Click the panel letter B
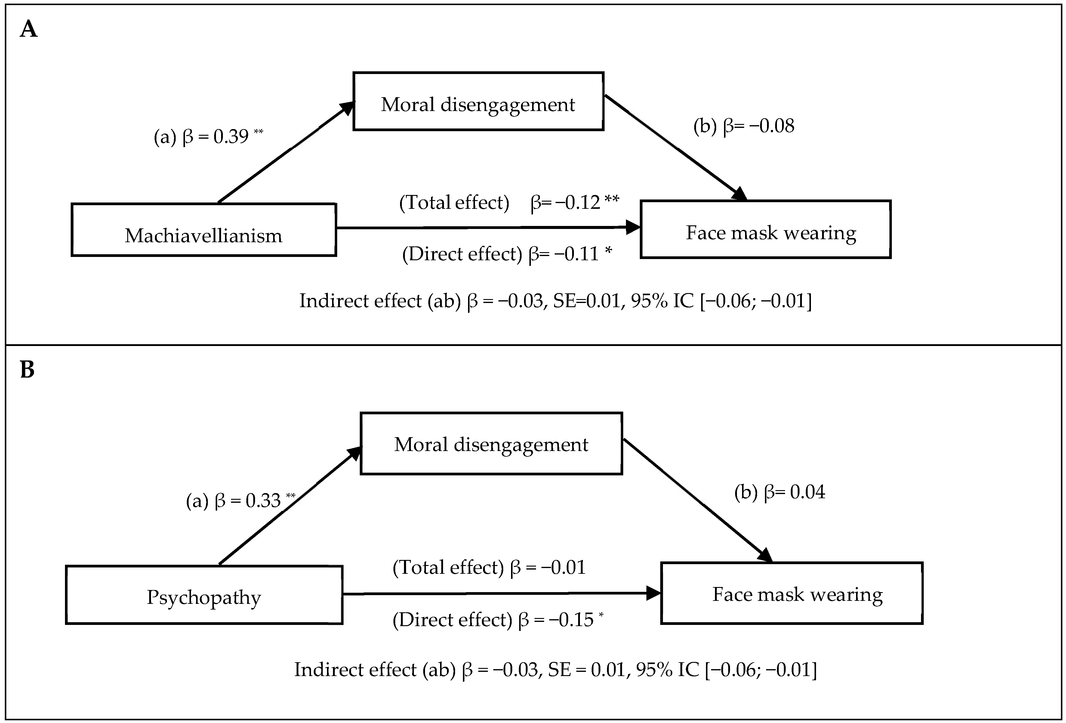click(x=27, y=370)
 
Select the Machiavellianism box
click(x=204, y=230)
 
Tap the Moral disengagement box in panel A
click(x=478, y=101)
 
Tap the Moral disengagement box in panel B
click(x=491, y=443)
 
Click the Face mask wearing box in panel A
click(x=765, y=229)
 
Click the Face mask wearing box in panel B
click(x=791, y=593)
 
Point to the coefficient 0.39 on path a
click(x=231, y=137)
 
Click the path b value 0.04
click(x=807, y=492)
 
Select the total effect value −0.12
click(x=577, y=202)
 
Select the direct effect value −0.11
click(x=576, y=254)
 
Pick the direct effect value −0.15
click(x=570, y=620)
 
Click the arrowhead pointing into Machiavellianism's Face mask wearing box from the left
click(x=633, y=227)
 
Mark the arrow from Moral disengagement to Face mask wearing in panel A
click(x=674, y=147)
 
